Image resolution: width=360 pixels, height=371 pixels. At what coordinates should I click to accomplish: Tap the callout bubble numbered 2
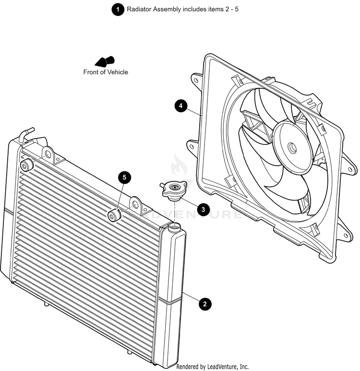tap(205, 303)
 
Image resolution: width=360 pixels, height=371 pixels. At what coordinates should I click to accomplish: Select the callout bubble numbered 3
tap(203, 209)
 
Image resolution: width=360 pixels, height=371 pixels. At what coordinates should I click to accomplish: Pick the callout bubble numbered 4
tap(180, 106)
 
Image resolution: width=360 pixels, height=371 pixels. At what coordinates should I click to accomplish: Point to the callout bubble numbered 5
tap(124, 178)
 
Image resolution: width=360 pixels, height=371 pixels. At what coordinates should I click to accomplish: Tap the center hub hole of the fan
tap(292, 146)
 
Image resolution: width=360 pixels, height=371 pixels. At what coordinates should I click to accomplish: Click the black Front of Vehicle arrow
tap(105, 61)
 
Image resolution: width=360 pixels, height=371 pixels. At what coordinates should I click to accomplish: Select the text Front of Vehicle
tap(106, 72)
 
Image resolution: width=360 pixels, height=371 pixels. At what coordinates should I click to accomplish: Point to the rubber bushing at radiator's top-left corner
tap(26, 166)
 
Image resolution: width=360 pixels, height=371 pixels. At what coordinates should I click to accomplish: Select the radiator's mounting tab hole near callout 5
tap(135, 205)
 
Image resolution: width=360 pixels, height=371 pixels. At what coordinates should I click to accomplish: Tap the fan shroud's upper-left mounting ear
tap(197, 79)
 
